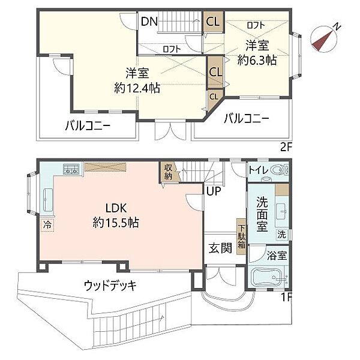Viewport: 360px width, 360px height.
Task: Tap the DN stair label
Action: (x=149, y=22)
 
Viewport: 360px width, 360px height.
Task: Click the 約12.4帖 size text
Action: (x=137, y=88)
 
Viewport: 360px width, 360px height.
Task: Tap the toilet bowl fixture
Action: (x=277, y=171)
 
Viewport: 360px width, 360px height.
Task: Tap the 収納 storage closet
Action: (x=169, y=172)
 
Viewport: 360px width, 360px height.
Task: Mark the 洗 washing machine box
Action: (x=281, y=233)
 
